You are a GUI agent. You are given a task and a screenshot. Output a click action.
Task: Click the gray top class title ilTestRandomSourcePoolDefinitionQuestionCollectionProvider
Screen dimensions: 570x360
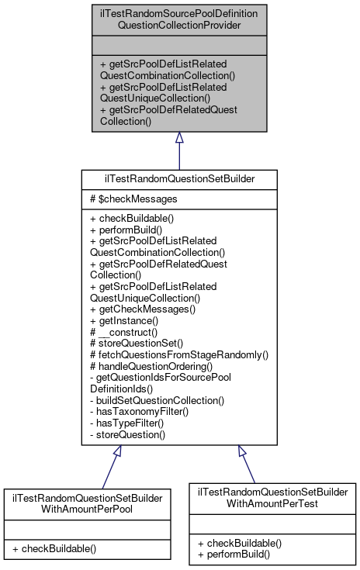(178, 19)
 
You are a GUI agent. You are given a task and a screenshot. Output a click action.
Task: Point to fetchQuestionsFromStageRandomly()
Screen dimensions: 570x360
(179, 354)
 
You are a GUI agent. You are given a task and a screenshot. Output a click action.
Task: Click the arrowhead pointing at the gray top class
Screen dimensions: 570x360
(179, 138)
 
